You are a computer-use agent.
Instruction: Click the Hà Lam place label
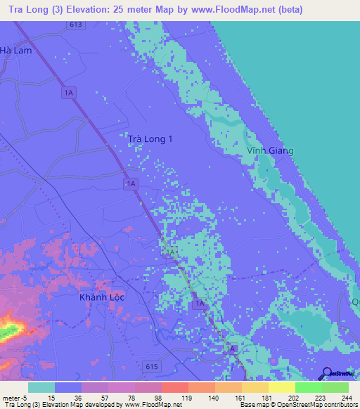coord(16,51)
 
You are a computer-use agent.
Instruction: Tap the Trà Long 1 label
coord(150,139)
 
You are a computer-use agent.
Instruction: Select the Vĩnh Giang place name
coord(271,150)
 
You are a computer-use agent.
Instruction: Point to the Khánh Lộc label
coord(101,297)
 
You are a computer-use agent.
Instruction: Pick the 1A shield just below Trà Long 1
coord(130,183)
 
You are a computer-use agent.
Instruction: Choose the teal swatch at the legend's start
coord(41,387)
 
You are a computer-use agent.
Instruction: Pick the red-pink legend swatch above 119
coord(175,387)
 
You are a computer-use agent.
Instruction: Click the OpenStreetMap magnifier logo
coord(328,373)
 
